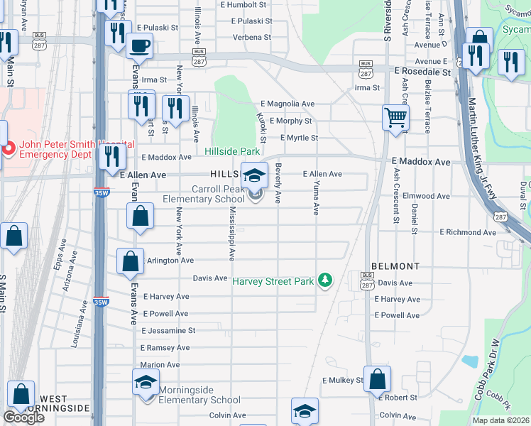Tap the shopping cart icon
pos(395,116)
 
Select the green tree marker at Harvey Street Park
pos(324,281)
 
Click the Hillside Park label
pos(232,151)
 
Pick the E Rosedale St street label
pos(422,72)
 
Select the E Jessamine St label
pos(168,331)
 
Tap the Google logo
pos(23,417)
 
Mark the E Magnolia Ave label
pos(287,104)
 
